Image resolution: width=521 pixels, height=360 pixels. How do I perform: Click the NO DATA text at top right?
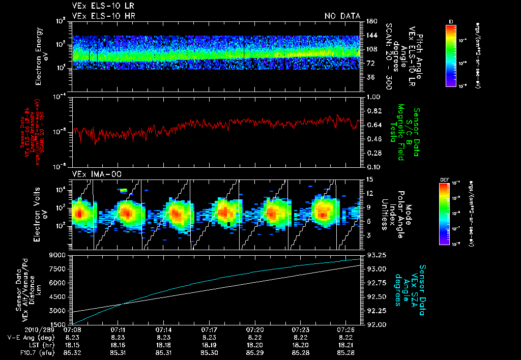click(342, 16)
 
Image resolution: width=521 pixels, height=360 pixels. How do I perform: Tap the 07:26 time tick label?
click(346, 330)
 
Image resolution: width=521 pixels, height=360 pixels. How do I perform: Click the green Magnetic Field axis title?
click(400, 133)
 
